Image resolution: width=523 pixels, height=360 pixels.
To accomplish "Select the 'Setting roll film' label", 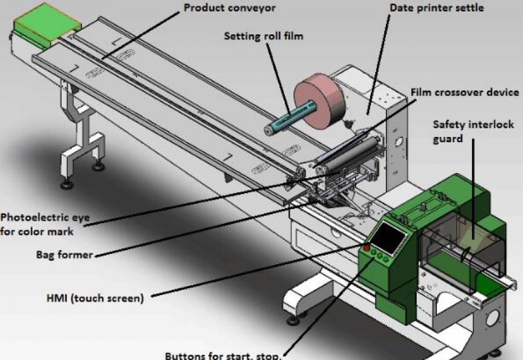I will point(264,36).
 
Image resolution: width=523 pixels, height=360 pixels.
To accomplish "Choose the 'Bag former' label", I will point(64,254).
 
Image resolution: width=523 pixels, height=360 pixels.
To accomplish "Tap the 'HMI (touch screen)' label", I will point(94,298).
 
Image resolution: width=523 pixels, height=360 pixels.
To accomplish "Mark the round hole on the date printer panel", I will point(399,141).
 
